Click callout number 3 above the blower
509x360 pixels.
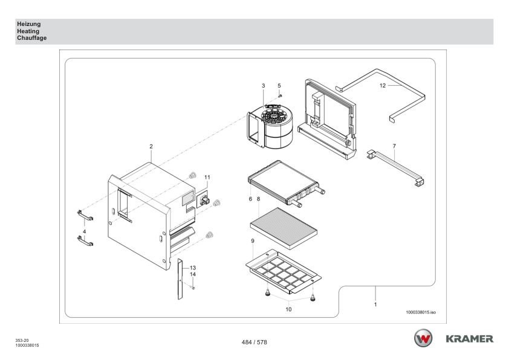coord(263,86)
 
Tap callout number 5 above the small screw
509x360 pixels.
coord(279,86)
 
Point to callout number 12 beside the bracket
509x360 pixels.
coord(382,86)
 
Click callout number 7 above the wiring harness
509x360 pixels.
coord(394,147)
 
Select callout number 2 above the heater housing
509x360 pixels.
coord(151,147)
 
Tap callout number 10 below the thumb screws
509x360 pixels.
coord(288,309)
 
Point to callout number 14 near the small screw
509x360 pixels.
coord(193,275)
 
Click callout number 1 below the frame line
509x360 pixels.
coord(375,305)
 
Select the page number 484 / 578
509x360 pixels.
coord(254,342)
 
